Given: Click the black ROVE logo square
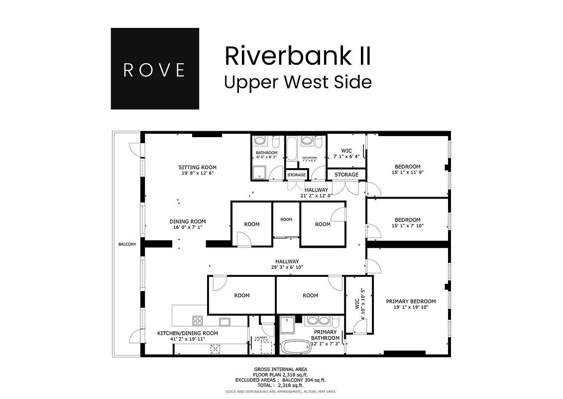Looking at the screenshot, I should coord(155,69).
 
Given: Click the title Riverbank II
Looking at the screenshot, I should coord(298,55).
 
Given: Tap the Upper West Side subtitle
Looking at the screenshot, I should coord(298,82).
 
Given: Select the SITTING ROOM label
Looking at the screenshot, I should coord(198,167).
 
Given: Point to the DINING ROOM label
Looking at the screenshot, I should coord(188,221).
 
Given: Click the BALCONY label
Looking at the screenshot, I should coord(127,244).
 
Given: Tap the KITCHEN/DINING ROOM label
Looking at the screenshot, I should coord(188,333).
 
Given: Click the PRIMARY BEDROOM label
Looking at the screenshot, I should coord(411,301).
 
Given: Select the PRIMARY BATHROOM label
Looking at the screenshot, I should coord(325,335).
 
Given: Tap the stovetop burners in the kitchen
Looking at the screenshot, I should coord(198,321).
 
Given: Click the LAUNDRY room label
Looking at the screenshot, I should coord(261,338).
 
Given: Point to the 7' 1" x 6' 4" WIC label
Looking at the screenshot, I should coord(346,156).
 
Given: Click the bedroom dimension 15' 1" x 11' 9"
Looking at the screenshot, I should coord(408,173).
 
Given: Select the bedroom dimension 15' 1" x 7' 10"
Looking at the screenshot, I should coord(408,225).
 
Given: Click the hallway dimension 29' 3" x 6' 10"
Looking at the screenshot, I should coord(287,267).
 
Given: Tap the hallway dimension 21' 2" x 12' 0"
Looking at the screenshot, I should coord(317,196).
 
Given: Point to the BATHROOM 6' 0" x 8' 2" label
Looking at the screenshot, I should coord(267,155).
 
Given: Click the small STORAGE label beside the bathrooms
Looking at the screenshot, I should coord(297,175).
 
